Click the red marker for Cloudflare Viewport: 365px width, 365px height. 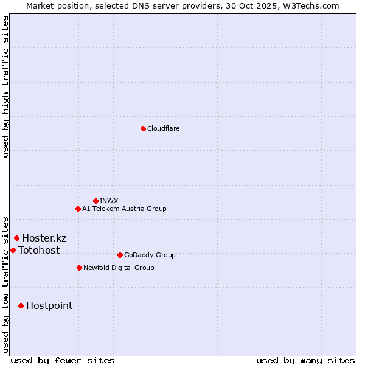pyautogui.click(x=143, y=128)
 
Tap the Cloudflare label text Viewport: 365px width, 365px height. pyautogui.click(x=164, y=128)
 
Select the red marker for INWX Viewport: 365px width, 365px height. pyautogui.click(x=96, y=201)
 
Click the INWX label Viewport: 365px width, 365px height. pyautogui.click(x=109, y=201)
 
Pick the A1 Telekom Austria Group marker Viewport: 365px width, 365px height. pyautogui.click(x=78, y=209)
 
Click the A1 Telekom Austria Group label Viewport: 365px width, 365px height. pyautogui.click(x=124, y=209)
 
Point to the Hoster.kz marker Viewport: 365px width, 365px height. pyautogui.click(x=16, y=238)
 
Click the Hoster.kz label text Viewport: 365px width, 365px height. pyautogui.click(x=44, y=238)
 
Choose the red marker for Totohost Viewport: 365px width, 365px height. pyautogui.click(x=13, y=250)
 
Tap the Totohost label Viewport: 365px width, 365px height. pyautogui.click(x=39, y=250)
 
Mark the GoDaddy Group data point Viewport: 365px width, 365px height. pyautogui.click(x=120, y=255)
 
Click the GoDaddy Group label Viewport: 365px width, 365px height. pyautogui.click(x=150, y=255)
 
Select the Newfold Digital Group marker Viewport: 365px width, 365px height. pyautogui.click(x=79, y=268)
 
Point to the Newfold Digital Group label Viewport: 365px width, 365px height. pyautogui.click(x=119, y=268)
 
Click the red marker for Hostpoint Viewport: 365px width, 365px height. pyautogui.click(x=21, y=305)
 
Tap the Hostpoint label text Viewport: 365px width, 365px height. pyautogui.click(x=49, y=305)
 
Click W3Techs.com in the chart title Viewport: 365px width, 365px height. pyautogui.click(x=308, y=5)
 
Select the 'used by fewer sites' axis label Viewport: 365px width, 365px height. pyautogui.click(x=63, y=360)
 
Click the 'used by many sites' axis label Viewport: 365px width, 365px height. pyautogui.click(x=305, y=360)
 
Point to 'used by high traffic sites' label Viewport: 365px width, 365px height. pyautogui.click(x=5, y=86)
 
